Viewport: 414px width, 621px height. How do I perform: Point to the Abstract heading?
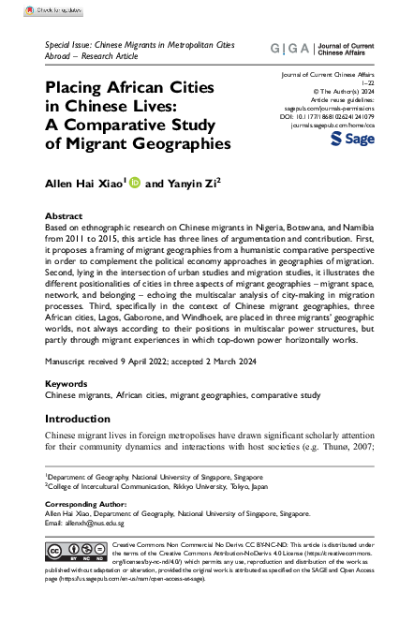coord(64,214)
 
